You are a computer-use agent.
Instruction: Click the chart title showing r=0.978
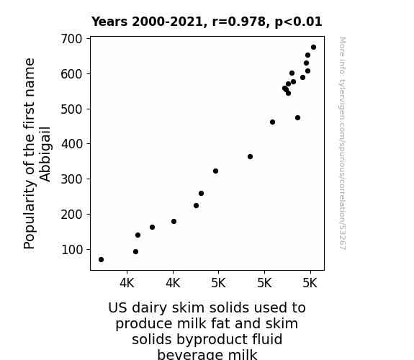(x=207, y=22)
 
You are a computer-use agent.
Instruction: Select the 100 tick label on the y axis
(x=72, y=250)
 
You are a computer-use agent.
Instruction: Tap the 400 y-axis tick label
(x=72, y=144)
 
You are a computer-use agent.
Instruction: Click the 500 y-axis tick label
(x=72, y=109)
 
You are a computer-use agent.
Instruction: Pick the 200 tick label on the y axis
(x=72, y=215)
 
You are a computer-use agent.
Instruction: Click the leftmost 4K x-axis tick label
(x=127, y=283)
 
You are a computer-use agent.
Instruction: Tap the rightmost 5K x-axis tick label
(x=310, y=283)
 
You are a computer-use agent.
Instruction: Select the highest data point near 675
(x=313, y=48)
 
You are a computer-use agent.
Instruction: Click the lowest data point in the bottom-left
(x=101, y=260)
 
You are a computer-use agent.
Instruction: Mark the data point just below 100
(x=135, y=252)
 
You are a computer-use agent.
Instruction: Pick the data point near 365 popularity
(x=250, y=157)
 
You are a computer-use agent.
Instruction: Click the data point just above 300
(x=215, y=171)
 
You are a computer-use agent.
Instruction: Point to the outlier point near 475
(x=297, y=118)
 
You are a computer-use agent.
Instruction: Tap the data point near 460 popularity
(x=272, y=122)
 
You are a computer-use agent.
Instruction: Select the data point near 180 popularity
(x=174, y=221)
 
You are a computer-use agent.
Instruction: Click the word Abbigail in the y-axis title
(x=45, y=154)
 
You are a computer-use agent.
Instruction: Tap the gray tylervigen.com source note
(x=343, y=143)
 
